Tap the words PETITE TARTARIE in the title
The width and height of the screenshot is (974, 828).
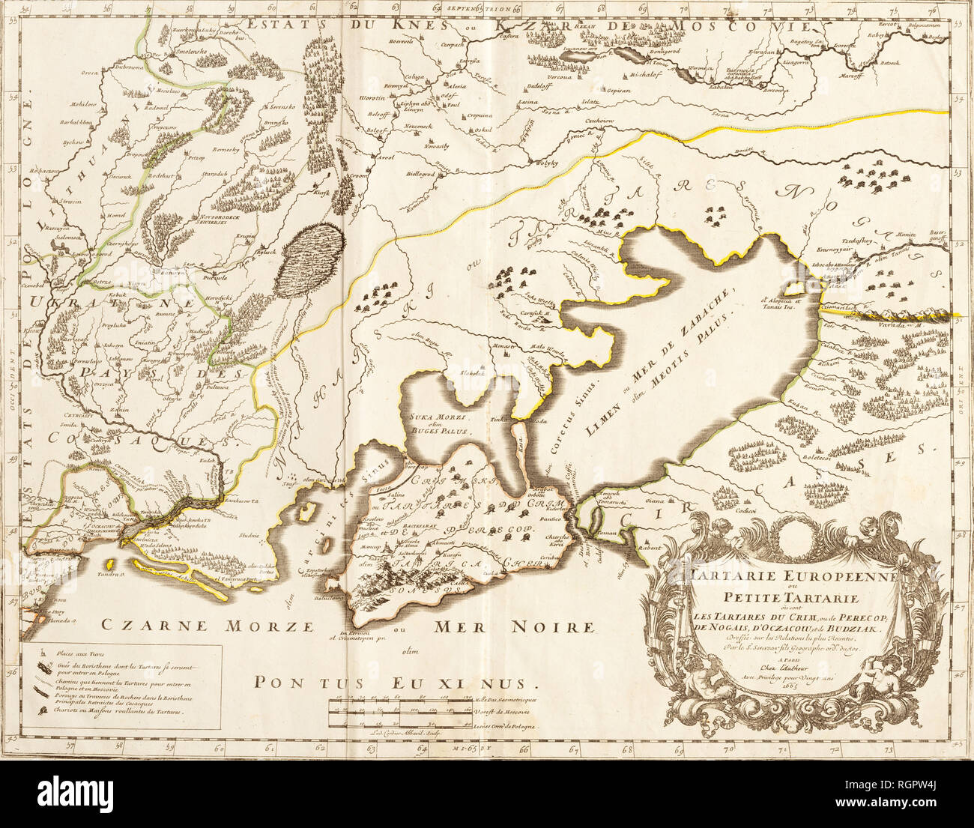click(775, 596)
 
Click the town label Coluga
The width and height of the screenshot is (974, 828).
click(414, 76)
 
